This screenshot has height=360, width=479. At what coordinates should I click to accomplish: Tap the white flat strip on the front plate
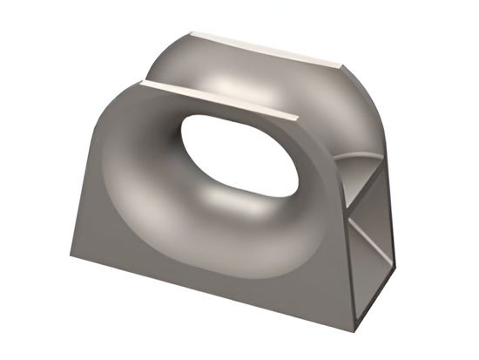pyautogui.click(x=218, y=98)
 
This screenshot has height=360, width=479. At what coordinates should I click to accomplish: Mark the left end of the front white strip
pyautogui.click(x=141, y=82)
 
